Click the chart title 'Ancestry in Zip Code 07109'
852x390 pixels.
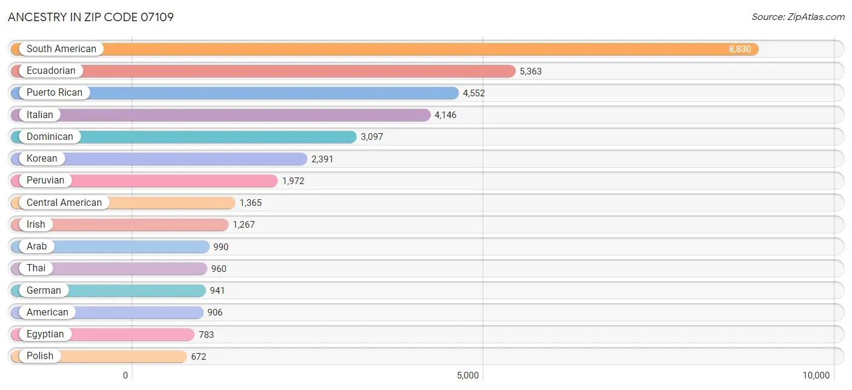(x=91, y=17)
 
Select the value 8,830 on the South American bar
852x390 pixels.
(x=740, y=49)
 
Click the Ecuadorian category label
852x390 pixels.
(x=51, y=71)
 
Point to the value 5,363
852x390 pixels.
(x=530, y=71)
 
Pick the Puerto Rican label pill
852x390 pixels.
(x=55, y=93)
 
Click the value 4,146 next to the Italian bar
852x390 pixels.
(x=445, y=115)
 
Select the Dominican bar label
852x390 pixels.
(x=50, y=137)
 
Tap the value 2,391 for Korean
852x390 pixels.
(x=322, y=159)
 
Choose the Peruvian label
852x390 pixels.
(x=45, y=180)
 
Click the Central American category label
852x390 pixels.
(x=64, y=203)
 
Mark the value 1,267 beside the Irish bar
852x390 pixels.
(x=244, y=225)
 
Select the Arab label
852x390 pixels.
(x=36, y=246)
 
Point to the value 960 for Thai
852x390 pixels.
(x=218, y=269)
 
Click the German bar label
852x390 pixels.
(x=44, y=291)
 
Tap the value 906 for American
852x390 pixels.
(x=215, y=312)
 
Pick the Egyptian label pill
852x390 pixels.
(x=45, y=334)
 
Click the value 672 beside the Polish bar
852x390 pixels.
(x=199, y=357)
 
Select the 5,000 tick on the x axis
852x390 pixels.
(x=468, y=375)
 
